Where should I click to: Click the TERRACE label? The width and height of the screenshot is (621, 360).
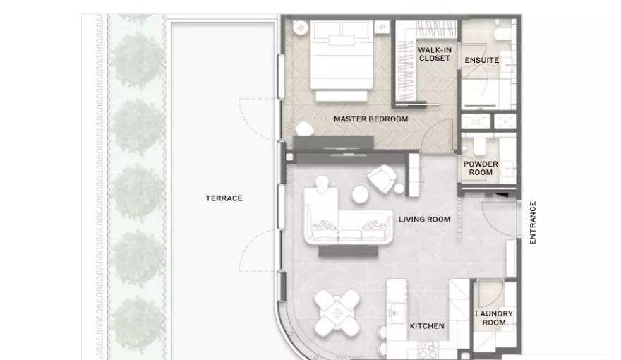tap(224, 198)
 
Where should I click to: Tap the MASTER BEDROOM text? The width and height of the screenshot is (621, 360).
tap(370, 119)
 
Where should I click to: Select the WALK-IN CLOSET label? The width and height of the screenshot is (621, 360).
tap(435, 54)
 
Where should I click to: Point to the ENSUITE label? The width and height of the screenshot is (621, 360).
tap(481, 60)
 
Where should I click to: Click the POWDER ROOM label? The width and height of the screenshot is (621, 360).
tap(481, 168)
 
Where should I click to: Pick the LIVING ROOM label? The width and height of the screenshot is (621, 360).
tap(425, 220)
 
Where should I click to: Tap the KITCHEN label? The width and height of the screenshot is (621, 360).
tap(427, 326)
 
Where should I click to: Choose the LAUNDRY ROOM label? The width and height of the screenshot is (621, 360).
tap(494, 318)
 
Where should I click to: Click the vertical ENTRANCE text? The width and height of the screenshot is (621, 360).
tap(533, 222)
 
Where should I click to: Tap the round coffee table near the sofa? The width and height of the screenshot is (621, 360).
tap(361, 194)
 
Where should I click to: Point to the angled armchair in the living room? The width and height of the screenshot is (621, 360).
tap(382, 179)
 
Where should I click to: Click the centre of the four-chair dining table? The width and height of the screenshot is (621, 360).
tap(337, 313)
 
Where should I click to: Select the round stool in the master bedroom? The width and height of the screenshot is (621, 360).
tap(305, 129)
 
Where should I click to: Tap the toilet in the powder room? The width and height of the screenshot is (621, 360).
tap(480, 146)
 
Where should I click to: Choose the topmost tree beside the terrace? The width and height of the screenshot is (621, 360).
tap(137, 18)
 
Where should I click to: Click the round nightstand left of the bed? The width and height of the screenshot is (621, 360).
tap(301, 28)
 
